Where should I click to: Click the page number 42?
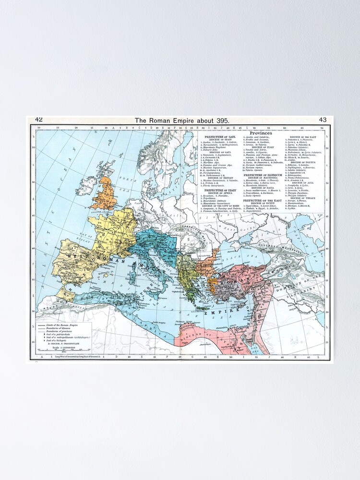click(x=39, y=120)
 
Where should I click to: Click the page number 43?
click(x=323, y=120)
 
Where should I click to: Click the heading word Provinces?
click(x=261, y=133)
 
